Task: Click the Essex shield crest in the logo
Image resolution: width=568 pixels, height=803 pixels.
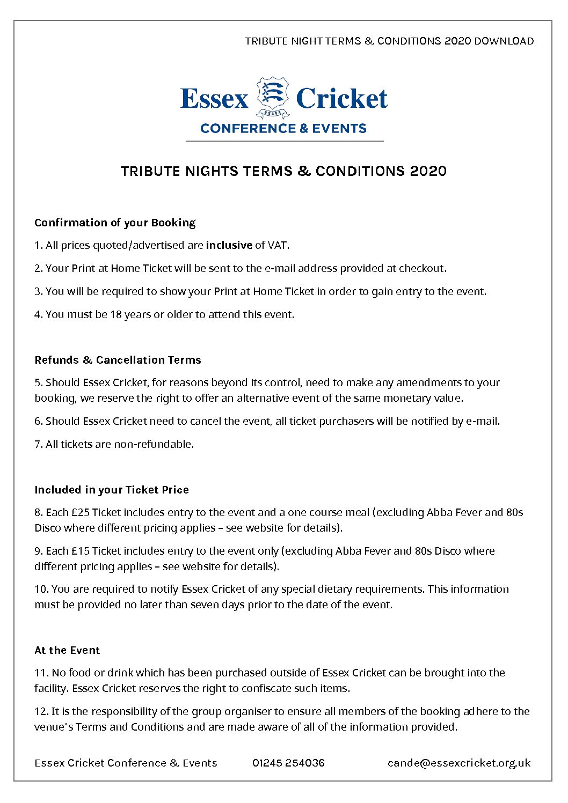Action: tap(273, 97)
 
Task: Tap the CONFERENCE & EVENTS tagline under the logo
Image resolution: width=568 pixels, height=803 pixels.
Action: tap(283, 129)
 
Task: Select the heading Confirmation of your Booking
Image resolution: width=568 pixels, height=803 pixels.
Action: tap(115, 223)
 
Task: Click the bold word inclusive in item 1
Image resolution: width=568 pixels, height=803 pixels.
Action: tap(229, 245)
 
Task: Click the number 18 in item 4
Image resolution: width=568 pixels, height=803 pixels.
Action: tap(116, 314)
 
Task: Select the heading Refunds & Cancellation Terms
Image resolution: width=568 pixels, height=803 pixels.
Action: tap(118, 360)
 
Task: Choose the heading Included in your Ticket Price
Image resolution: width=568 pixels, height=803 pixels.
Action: tap(112, 490)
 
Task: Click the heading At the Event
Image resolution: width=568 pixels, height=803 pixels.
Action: tap(67, 650)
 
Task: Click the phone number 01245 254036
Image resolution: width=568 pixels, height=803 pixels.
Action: tap(288, 763)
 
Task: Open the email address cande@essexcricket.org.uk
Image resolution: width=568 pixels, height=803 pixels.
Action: tap(459, 763)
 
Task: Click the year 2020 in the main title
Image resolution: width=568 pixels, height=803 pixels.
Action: tap(428, 171)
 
